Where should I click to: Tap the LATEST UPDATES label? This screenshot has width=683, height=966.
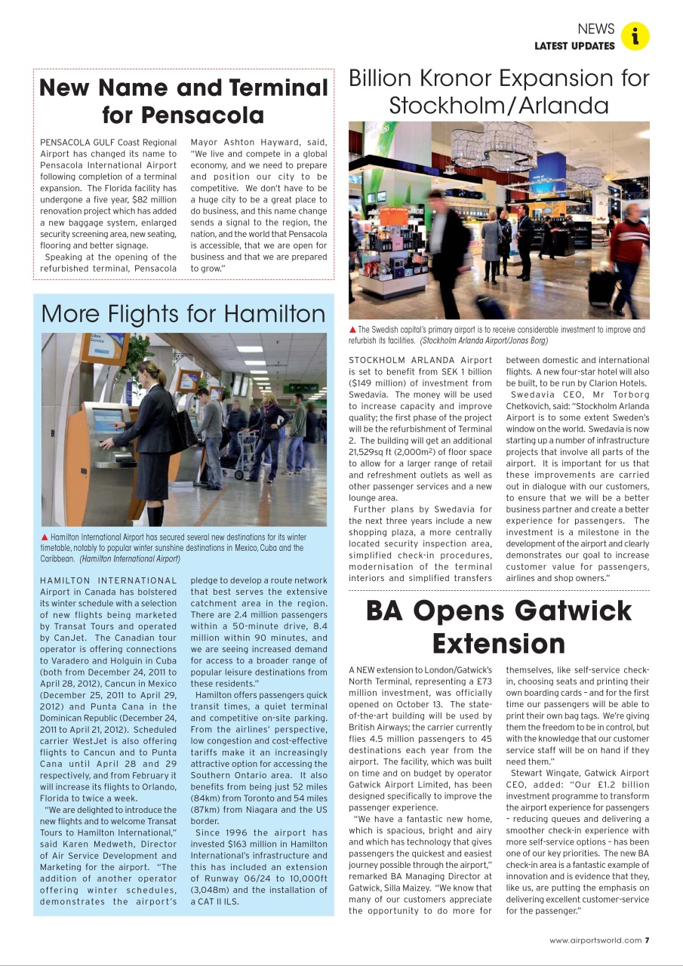(574, 46)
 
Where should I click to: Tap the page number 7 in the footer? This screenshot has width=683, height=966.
(648, 940)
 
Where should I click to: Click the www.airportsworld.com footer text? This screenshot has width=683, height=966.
(595, 940)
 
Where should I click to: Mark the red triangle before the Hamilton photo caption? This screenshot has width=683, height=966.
(45, 537)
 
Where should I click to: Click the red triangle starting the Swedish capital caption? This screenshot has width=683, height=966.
(352, 330)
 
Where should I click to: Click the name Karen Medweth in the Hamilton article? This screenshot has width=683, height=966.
(91, 844)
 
